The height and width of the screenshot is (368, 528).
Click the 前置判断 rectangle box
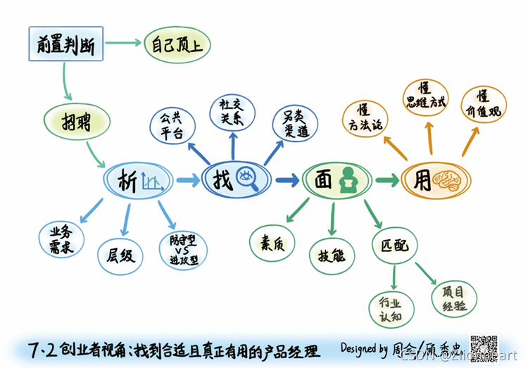[67, 45]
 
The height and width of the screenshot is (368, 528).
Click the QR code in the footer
[484, 348]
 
